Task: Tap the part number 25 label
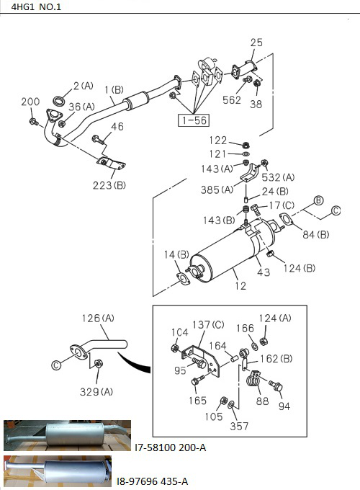[x=256, y=43]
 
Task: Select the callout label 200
[x=30, y=102]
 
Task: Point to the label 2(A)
[x=82, y=86]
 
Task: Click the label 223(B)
[x=109, y=186]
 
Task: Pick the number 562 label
[x=232, y=100]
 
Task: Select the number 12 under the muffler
[x=240, y=286]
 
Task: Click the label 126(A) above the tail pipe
[x=98, y=318]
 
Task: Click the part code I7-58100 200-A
[x=170, y=447]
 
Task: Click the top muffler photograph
[x=66, y=435]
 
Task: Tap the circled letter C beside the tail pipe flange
[x=56, y=365]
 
